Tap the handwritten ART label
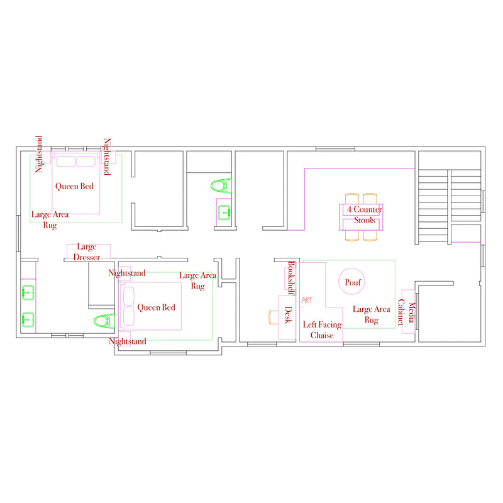coord(307,300)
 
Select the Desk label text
coord(289,315)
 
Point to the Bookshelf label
coord(291,278)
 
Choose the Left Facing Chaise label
coord(322,329)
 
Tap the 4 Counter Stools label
coord(365,214)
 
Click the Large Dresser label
coord(87,252)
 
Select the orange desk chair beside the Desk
coord(274,317)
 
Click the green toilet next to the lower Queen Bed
coord(104,321)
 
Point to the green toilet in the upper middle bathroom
coord(221,185)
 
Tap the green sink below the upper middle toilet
coord(224,213)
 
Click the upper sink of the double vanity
coord(28,292)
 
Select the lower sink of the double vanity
coord(28,319)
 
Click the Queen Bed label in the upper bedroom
coord(74,186)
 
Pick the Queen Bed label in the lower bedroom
coord(156,307)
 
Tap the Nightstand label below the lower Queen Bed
coord(128,341)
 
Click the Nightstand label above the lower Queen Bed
coord(127,273)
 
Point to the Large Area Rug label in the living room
coord(372,314)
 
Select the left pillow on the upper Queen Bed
coord(66,162)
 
